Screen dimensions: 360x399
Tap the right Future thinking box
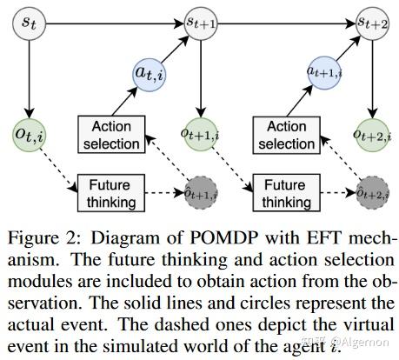pos(284,194)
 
